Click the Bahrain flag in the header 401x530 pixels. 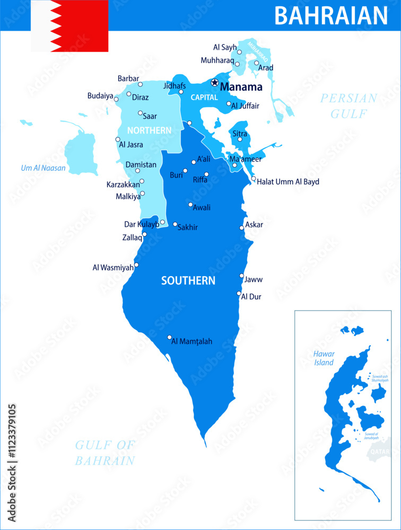69,25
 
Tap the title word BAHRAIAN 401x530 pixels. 331,16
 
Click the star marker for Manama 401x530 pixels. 214,82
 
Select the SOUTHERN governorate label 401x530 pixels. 188,280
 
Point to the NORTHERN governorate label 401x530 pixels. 149,130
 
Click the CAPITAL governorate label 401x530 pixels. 204,98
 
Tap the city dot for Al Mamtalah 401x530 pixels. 170,337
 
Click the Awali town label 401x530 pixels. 202,208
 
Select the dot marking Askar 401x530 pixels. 242,227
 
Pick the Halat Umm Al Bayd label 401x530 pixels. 288,181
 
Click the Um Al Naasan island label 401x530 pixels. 43,168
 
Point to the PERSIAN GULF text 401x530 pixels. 349,105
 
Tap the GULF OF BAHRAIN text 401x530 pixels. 105,453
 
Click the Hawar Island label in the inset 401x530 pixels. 324,358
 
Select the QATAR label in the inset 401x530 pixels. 380,452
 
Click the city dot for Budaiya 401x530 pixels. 116,99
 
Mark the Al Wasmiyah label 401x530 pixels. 113,268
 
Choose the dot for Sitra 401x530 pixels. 240,140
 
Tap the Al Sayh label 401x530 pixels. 225,47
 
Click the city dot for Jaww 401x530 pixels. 242,276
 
